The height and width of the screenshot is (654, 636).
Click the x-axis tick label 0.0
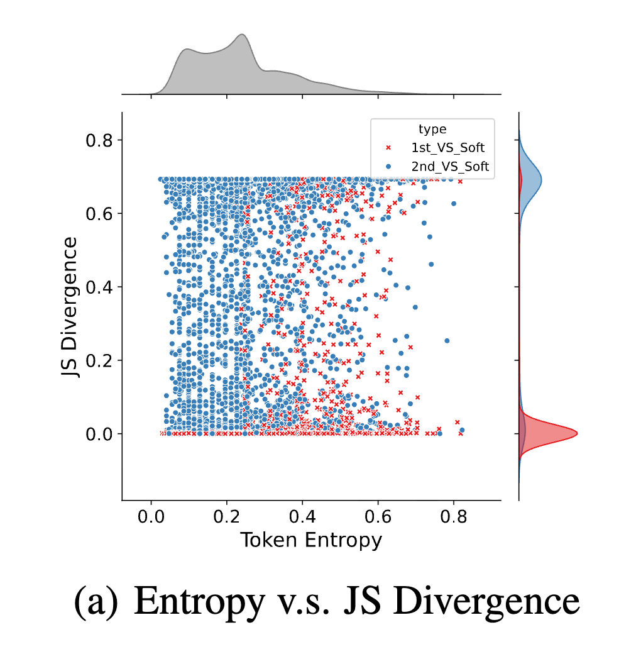pos(151,519)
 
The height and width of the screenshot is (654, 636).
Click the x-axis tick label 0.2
pos(227,519)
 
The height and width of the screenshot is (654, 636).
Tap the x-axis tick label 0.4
pos(302,519)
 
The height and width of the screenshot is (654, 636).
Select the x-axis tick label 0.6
pos(378,519)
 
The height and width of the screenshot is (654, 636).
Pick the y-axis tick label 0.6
pos(99,213)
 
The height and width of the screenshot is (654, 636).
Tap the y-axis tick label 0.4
pos(99,287)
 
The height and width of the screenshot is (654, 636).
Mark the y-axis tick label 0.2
pos(99,360)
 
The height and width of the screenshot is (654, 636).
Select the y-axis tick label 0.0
pos(99,434)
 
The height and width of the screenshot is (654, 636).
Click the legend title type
pos(432,130)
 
